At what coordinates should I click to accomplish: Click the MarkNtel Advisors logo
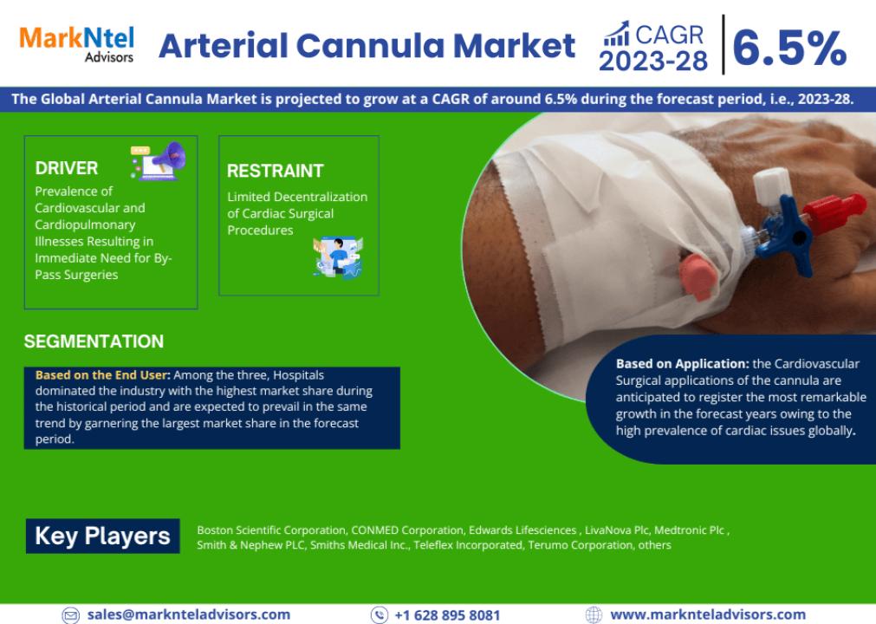click(x=77, y=44)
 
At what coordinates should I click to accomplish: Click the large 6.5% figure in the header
click(x=789, y=48)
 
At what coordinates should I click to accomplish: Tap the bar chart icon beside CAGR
click(x=617, y=34)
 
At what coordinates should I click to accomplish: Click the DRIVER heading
click(x=67, y=168)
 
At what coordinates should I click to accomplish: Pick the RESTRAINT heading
click(x=275, y=171)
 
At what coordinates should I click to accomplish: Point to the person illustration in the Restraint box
click(x=338, y=257)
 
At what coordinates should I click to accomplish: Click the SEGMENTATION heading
click(x=94, y=341)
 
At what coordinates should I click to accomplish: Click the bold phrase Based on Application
click(x=682, y=364)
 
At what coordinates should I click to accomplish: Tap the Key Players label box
click(x=103, y=536)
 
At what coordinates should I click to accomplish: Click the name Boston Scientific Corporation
click(x=271, y=530)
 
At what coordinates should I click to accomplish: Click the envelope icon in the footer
click(x=70, y=615)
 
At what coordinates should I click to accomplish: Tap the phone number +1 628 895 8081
click(x=447, y=615)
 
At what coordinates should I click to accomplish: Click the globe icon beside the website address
click(x=594, y=615)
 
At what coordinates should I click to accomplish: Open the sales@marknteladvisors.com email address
click(x=189, y=614)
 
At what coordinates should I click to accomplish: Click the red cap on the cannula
click(x=831, y=212)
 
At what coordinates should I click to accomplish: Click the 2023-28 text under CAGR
click(x=653, y=61)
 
